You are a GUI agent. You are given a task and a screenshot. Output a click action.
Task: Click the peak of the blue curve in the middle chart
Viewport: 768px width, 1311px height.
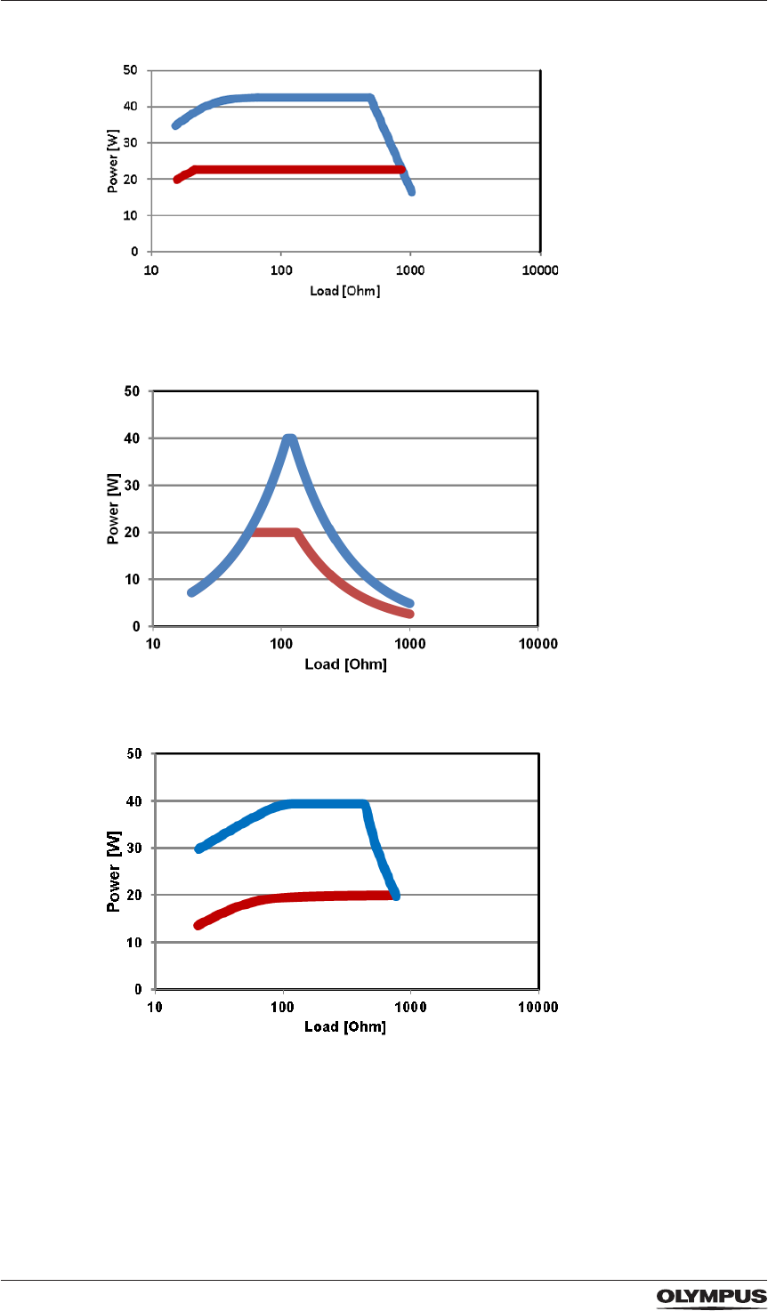tap(289, 438)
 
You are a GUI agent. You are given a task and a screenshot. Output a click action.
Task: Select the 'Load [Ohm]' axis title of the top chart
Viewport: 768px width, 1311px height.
tap(344, 291)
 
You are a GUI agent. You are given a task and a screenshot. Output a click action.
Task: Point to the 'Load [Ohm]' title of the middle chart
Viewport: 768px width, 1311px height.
tap(345, 664)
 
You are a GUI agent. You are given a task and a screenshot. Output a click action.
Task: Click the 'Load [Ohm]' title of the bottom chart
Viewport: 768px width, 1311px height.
tap(346, 1027)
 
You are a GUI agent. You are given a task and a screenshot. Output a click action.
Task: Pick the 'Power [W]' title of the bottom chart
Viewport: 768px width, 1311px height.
tap(115, 871)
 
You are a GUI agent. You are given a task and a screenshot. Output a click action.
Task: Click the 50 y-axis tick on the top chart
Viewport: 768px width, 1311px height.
tap(132, 69)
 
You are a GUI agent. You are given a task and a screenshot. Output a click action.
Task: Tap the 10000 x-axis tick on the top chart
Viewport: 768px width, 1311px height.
tap(539, 270)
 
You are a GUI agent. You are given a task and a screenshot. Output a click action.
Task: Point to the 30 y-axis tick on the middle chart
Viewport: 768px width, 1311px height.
tap(134, 486)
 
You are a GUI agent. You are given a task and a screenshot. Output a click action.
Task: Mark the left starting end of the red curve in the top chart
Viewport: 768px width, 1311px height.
tap(177, 180)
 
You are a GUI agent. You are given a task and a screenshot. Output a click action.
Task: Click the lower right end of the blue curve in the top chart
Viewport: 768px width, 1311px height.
tap(411, 191)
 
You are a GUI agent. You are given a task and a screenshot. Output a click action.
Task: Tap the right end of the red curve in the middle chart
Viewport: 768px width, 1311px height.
tap(410, 614)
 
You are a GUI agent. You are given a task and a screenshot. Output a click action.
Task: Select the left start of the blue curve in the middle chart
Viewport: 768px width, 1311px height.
tap(190, 592)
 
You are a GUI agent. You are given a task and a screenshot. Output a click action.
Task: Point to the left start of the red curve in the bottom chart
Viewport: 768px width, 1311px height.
tap(198, 926)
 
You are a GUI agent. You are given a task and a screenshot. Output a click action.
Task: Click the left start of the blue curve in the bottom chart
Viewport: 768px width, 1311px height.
tap(198, 849)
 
